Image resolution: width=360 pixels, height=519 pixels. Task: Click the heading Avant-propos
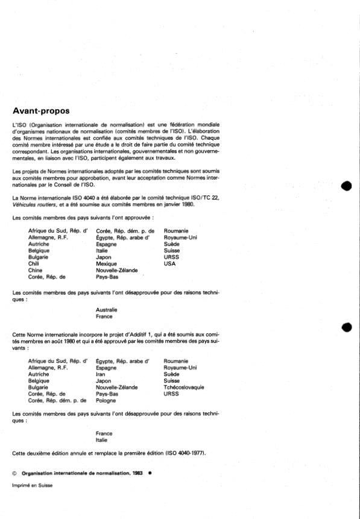point(41,110)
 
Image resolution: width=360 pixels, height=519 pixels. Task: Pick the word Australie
point(107,309)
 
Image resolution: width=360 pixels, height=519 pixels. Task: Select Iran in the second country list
point(101,374)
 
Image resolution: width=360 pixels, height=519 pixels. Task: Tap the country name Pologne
point(106,400)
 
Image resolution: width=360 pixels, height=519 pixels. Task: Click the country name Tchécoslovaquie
point(185,387)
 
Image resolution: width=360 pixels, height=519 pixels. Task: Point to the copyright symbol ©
point(15,473)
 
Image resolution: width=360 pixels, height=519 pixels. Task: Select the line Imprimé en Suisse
point(33,486)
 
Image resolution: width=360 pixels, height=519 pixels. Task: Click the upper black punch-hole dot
point(346,185)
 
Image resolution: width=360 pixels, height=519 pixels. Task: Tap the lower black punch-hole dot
point(346,327)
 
